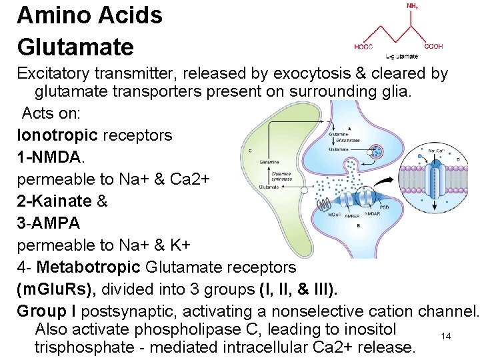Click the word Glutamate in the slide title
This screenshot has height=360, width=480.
point(75,47)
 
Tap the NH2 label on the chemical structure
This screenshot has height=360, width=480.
point(413,6)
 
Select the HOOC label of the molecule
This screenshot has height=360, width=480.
point(364,47)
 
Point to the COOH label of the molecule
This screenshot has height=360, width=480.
point(433,47)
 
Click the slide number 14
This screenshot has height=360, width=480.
point(446,337)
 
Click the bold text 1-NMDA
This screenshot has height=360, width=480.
point(50,157)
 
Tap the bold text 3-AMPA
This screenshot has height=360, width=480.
point(48,223)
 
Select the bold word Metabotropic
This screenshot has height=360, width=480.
point(89,267)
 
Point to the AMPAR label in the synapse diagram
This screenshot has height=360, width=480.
point(351,215)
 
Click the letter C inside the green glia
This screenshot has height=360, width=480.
point(249,151)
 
